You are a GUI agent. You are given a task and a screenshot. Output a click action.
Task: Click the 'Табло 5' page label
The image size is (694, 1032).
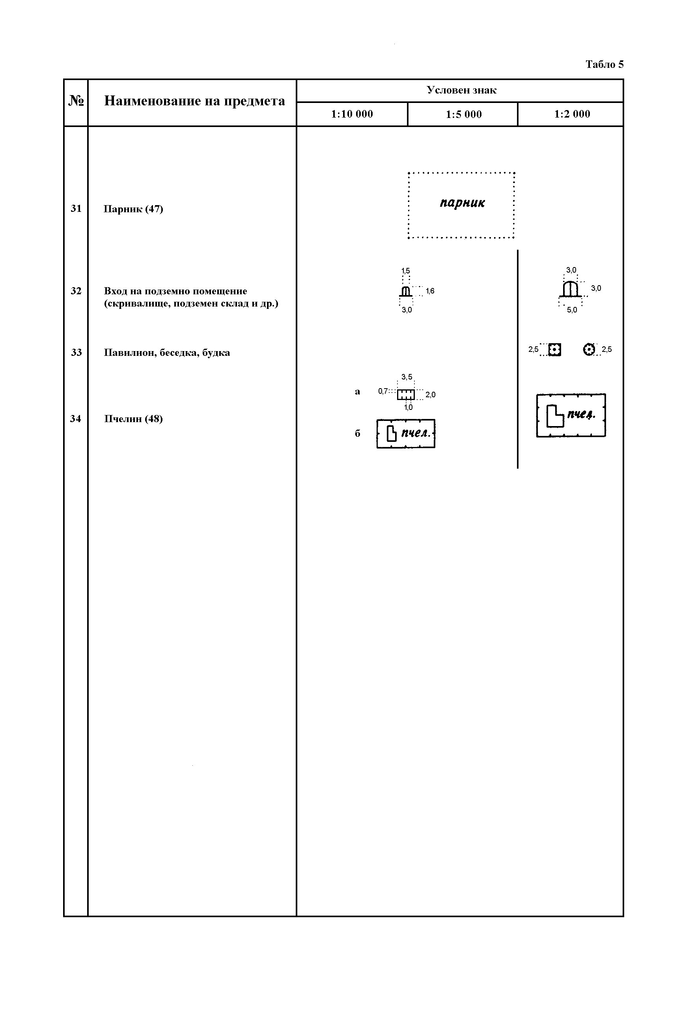coord(604,65)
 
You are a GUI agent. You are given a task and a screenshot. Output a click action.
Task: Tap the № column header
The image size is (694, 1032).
coord(76,101)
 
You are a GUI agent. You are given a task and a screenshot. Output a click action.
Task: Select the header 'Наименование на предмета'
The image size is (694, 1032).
coord(194,101)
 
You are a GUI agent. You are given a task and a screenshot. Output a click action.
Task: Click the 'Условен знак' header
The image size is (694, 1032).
coord(461,90)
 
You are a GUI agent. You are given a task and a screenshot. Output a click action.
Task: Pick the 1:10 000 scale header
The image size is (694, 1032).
coord(352,114)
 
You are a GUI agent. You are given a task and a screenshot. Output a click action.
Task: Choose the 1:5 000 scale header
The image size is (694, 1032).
coord(463,114)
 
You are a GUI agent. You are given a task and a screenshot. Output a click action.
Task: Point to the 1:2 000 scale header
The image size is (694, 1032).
coord(572,114)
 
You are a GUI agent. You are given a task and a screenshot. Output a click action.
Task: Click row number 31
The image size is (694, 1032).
coord(76,209)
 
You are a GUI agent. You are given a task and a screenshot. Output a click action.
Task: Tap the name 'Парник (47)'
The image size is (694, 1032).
coord(133,209)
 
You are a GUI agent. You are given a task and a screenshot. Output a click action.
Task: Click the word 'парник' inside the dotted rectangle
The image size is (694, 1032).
coord(462,203)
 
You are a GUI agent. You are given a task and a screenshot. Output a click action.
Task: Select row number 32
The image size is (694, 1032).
coord(76,291)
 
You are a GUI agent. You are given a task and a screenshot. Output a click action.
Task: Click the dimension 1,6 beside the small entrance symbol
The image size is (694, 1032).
coord(430,291)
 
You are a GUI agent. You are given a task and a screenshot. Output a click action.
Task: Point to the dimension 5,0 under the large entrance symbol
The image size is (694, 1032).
coord(572,310)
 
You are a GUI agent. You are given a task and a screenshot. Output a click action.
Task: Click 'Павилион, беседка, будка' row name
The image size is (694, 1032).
coord(167,353)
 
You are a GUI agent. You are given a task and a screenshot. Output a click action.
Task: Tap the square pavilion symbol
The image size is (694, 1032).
coord(554,350)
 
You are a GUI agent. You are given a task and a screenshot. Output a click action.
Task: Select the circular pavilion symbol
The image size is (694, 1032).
coord(589,350)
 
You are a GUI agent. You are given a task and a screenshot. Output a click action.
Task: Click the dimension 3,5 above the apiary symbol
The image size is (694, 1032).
coord(407,377)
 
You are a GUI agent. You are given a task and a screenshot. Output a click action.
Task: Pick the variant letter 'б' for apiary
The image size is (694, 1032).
coord(357,433)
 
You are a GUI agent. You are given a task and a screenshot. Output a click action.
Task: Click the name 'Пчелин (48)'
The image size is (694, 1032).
coord(133,419)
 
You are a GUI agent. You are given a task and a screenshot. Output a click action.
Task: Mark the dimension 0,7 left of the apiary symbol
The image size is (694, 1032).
coord(383,391)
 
